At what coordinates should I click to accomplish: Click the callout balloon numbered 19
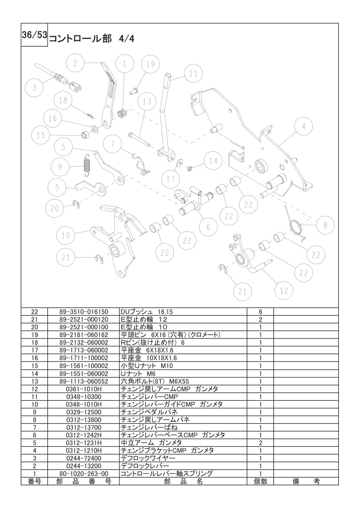(150, 64)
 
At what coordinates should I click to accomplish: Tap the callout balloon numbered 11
(193, 73)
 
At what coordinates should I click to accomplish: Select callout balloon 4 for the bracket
(303, 126)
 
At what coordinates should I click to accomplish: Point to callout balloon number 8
(325, 225)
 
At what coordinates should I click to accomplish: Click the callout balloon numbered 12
(284, 290)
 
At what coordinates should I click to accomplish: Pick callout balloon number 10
(66, 235)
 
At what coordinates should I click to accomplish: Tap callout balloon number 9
(60, 167)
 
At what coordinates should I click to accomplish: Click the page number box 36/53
(35, 35)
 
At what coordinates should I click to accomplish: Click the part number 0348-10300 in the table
(84, 396)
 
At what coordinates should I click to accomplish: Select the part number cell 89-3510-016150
(84, 312)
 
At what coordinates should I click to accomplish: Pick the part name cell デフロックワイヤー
(148, 458)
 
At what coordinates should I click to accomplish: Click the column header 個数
(261, 481)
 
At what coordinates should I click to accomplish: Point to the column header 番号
(35, 481)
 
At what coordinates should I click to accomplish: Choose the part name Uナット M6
(138, 374)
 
